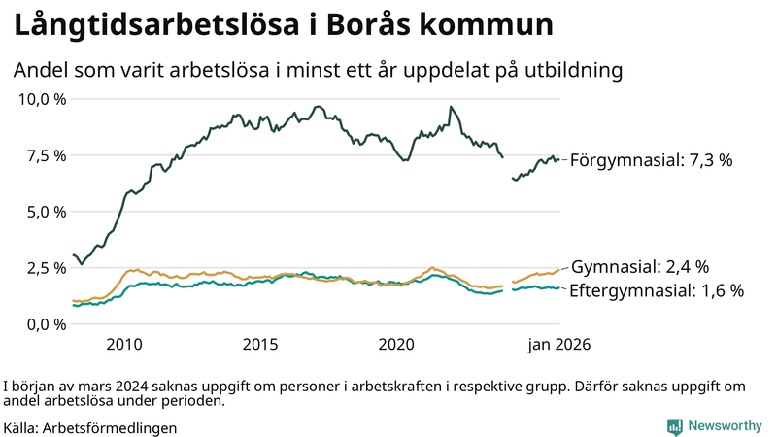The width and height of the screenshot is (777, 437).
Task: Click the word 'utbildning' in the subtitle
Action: (573, 71)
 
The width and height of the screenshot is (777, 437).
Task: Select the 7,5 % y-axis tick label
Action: (46, 155)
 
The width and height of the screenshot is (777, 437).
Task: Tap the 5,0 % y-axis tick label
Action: (46, 212)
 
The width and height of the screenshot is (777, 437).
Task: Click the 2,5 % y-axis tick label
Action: (46, 268)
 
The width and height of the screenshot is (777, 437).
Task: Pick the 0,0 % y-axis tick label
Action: (46, 324)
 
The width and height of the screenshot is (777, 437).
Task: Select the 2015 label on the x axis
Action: (260, 345)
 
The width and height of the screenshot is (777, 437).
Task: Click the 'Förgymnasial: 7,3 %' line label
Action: (651, 160)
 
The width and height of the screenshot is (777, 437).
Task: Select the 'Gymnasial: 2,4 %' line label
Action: (640, 266)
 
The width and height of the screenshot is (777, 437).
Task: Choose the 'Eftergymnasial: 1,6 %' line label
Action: (657, 290)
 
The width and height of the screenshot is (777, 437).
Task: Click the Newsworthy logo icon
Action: (674, 426)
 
